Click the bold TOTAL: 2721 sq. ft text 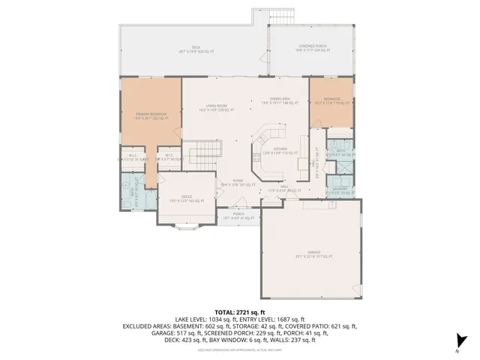(x=240, y=312)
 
